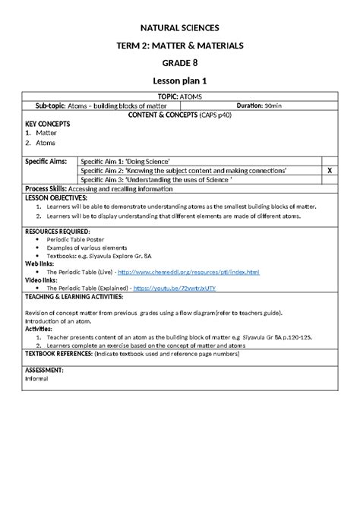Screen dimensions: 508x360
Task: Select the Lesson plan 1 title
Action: pyautogui.click(x=180, y=81)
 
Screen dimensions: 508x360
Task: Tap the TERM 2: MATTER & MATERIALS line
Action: pyautogui.click(x=180, y=45)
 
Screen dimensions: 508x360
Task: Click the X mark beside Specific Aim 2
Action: pyautogui.click(x=329, y=171)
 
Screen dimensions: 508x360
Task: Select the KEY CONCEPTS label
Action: pyautogui.click(x=47, y=124)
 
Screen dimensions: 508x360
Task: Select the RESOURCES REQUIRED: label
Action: pyautogui.click(x=58, y=229)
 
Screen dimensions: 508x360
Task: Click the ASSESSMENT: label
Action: pyautogui.click(x=44, y=369)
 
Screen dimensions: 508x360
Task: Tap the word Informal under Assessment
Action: pyautogui.click(x=37, y=377)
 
